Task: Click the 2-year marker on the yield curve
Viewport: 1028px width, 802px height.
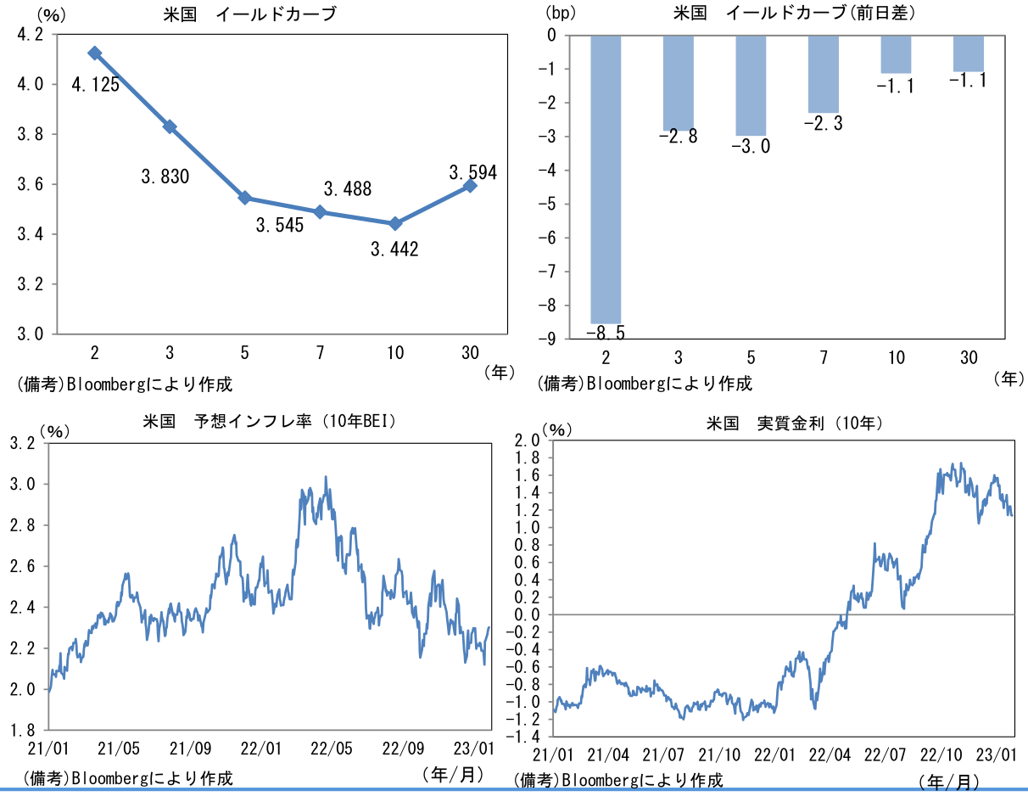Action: pos(95,53)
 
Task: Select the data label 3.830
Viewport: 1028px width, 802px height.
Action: pos(165,177)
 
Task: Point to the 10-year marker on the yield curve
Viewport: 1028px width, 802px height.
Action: pos(394,223)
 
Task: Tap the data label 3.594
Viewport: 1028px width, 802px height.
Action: pos(473,172)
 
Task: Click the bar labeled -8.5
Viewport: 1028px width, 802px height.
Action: pos(606,179)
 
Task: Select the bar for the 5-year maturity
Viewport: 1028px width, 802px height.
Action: pos(751,85)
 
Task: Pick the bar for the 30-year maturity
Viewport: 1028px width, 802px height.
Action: pos(969,53)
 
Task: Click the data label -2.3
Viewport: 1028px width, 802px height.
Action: pos(823,124)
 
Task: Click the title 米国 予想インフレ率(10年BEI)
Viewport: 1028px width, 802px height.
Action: pos(271,421)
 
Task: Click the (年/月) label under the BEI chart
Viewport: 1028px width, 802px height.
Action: pos(453,773)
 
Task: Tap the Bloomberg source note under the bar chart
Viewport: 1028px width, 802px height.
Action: pos(645,383)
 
